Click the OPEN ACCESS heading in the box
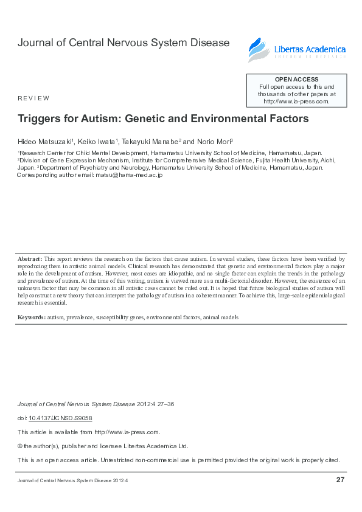(x=296, y=80)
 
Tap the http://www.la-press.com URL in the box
(x=296, y=102)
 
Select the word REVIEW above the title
(x=33, y=98)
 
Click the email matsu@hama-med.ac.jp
(x=128, y=175)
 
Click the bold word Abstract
(x=29, y=258)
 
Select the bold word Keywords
(x=31, y=317)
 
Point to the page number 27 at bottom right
(x=340, y=480)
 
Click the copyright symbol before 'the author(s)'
(x=20, y=446)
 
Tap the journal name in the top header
(x=124, y=43)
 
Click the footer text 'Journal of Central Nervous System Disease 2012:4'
(x=72, y=481)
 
